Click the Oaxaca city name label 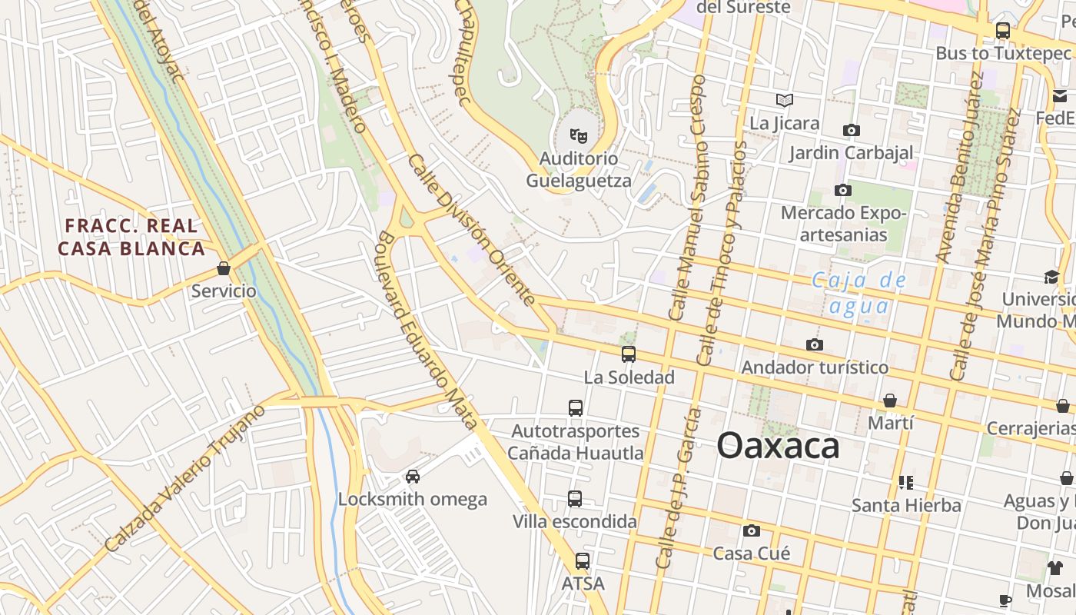tap(778, 446)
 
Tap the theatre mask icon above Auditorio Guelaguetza tap(578, 136)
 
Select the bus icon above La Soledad tap(629, 354)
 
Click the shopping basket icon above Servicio tap(224, 268)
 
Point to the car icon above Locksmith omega tap(413, 476)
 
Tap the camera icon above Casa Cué tap(752, 530)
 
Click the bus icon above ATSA tap(583, 561)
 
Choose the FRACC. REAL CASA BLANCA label tap(131, 238)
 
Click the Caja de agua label tap(859, 293)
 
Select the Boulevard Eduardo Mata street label tap(427, 331)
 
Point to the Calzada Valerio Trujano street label tap(184, 477)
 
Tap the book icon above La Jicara tap(784, 100)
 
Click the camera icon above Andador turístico tap(815, 344)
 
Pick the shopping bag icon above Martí tap(890, 401)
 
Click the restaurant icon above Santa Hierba tap(906, 483)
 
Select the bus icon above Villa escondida tap(575, 499)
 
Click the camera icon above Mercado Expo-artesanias tap(843, 190)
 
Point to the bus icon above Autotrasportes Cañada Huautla tap(576, 408)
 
